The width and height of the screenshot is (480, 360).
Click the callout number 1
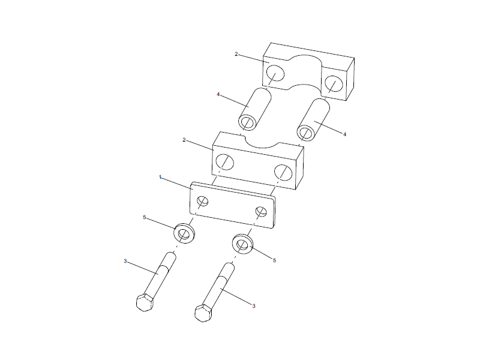pos(160,177)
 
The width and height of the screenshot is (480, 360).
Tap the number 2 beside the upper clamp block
pos(236,54)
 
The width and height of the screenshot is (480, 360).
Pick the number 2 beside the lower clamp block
pos(185,140)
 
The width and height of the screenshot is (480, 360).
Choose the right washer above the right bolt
pos(242,244)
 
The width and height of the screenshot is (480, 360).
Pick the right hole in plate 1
pos(261,212)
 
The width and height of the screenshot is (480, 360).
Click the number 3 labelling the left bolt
pos(125,261)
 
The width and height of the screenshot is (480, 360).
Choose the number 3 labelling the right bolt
pos(254,307)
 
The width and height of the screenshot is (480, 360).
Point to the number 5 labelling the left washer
pos(144,217)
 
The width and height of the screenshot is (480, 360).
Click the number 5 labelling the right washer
pos(274,260)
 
